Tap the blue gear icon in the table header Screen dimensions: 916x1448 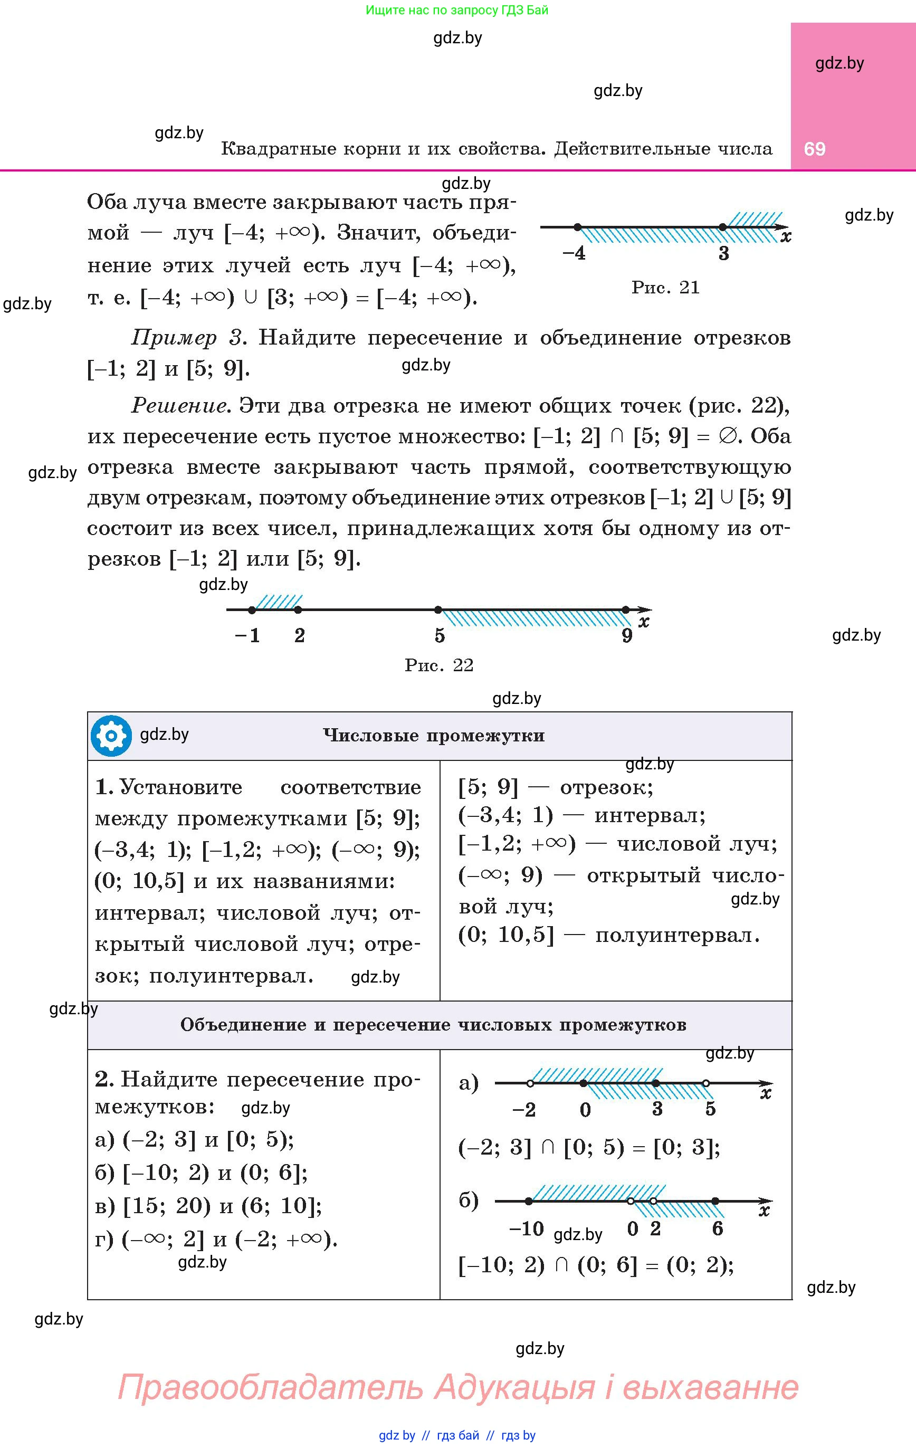pyautogui.click(x=111, y=735)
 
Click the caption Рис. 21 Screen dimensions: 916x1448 pyautogui.click(x=665, y=288)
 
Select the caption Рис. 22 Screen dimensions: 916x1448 pyautogui.click(x=439, y=665)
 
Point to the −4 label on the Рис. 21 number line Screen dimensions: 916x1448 pyautogui.click(x=575, y=253)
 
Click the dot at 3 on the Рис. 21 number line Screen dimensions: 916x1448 pyautogui.click(x=723, y=227)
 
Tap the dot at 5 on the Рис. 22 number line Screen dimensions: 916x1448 pyautogui.click(x=438, y=609)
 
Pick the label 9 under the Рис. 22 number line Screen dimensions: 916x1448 pyautogui.click(x=627, y=635)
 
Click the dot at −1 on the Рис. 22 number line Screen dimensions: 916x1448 pyautogui.click(x=251, y=609)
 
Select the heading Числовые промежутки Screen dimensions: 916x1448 pyautogui.click(x=434, y=736)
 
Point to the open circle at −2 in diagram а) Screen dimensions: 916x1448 pyautogui.click(x=530, y=1083)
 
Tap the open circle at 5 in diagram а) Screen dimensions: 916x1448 pyautogui.click(x=706, y=1083)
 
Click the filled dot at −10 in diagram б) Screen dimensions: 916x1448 pyautogui.click(x=529, y=1201)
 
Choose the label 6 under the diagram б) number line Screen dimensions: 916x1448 pyautogui.click(x=718, y=1228)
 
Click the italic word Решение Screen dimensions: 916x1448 pyautogui.click(x=180, y=406)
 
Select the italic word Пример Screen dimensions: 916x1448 pyautogui.click(x=174, y=338)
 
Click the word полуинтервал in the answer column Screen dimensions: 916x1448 pyautogui.click(x=677, y=936)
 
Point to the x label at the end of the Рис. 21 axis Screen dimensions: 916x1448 pyautogui.click(x=786, y=237)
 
